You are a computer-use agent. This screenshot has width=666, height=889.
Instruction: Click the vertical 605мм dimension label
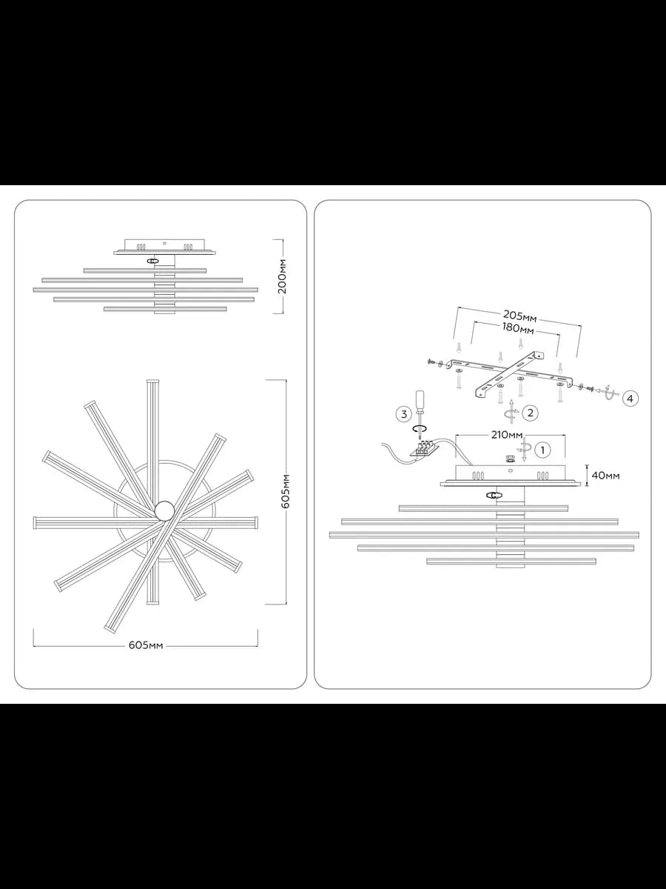286,490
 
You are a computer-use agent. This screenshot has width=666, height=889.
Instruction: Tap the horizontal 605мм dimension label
146,645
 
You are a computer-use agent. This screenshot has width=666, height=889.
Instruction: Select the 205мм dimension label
519,316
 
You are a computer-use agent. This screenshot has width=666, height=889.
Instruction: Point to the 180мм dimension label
518,328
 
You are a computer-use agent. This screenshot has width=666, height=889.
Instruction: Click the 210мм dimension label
507,435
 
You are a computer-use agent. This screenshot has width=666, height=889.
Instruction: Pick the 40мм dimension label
605,476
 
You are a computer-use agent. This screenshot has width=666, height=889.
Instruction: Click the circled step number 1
542,450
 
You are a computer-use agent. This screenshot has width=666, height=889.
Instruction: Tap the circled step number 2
530,413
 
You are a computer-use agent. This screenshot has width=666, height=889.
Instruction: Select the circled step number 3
403,414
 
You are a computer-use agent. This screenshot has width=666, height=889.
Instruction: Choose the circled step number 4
630,399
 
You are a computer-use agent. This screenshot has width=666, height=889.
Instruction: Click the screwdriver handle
420,400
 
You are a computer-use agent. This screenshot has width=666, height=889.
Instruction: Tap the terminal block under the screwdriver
424,450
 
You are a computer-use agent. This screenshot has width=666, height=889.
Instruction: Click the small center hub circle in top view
165,510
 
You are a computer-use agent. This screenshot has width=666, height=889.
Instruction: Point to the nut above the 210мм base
511,459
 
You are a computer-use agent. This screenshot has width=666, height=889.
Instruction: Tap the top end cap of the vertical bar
152,381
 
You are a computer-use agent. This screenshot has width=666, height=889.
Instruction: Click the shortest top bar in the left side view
145,270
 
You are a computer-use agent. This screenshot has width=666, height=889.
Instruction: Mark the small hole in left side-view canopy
164,244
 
